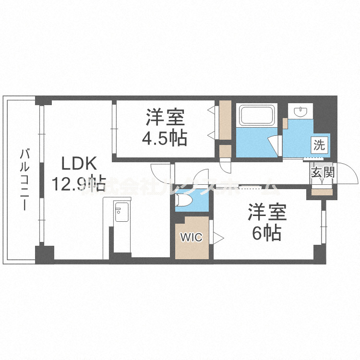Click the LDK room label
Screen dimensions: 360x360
pos(80,164)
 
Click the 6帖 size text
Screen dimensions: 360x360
pos(267,233)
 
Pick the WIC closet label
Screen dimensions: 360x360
pos(192,238)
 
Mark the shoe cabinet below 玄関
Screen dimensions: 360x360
pos(322,192)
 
